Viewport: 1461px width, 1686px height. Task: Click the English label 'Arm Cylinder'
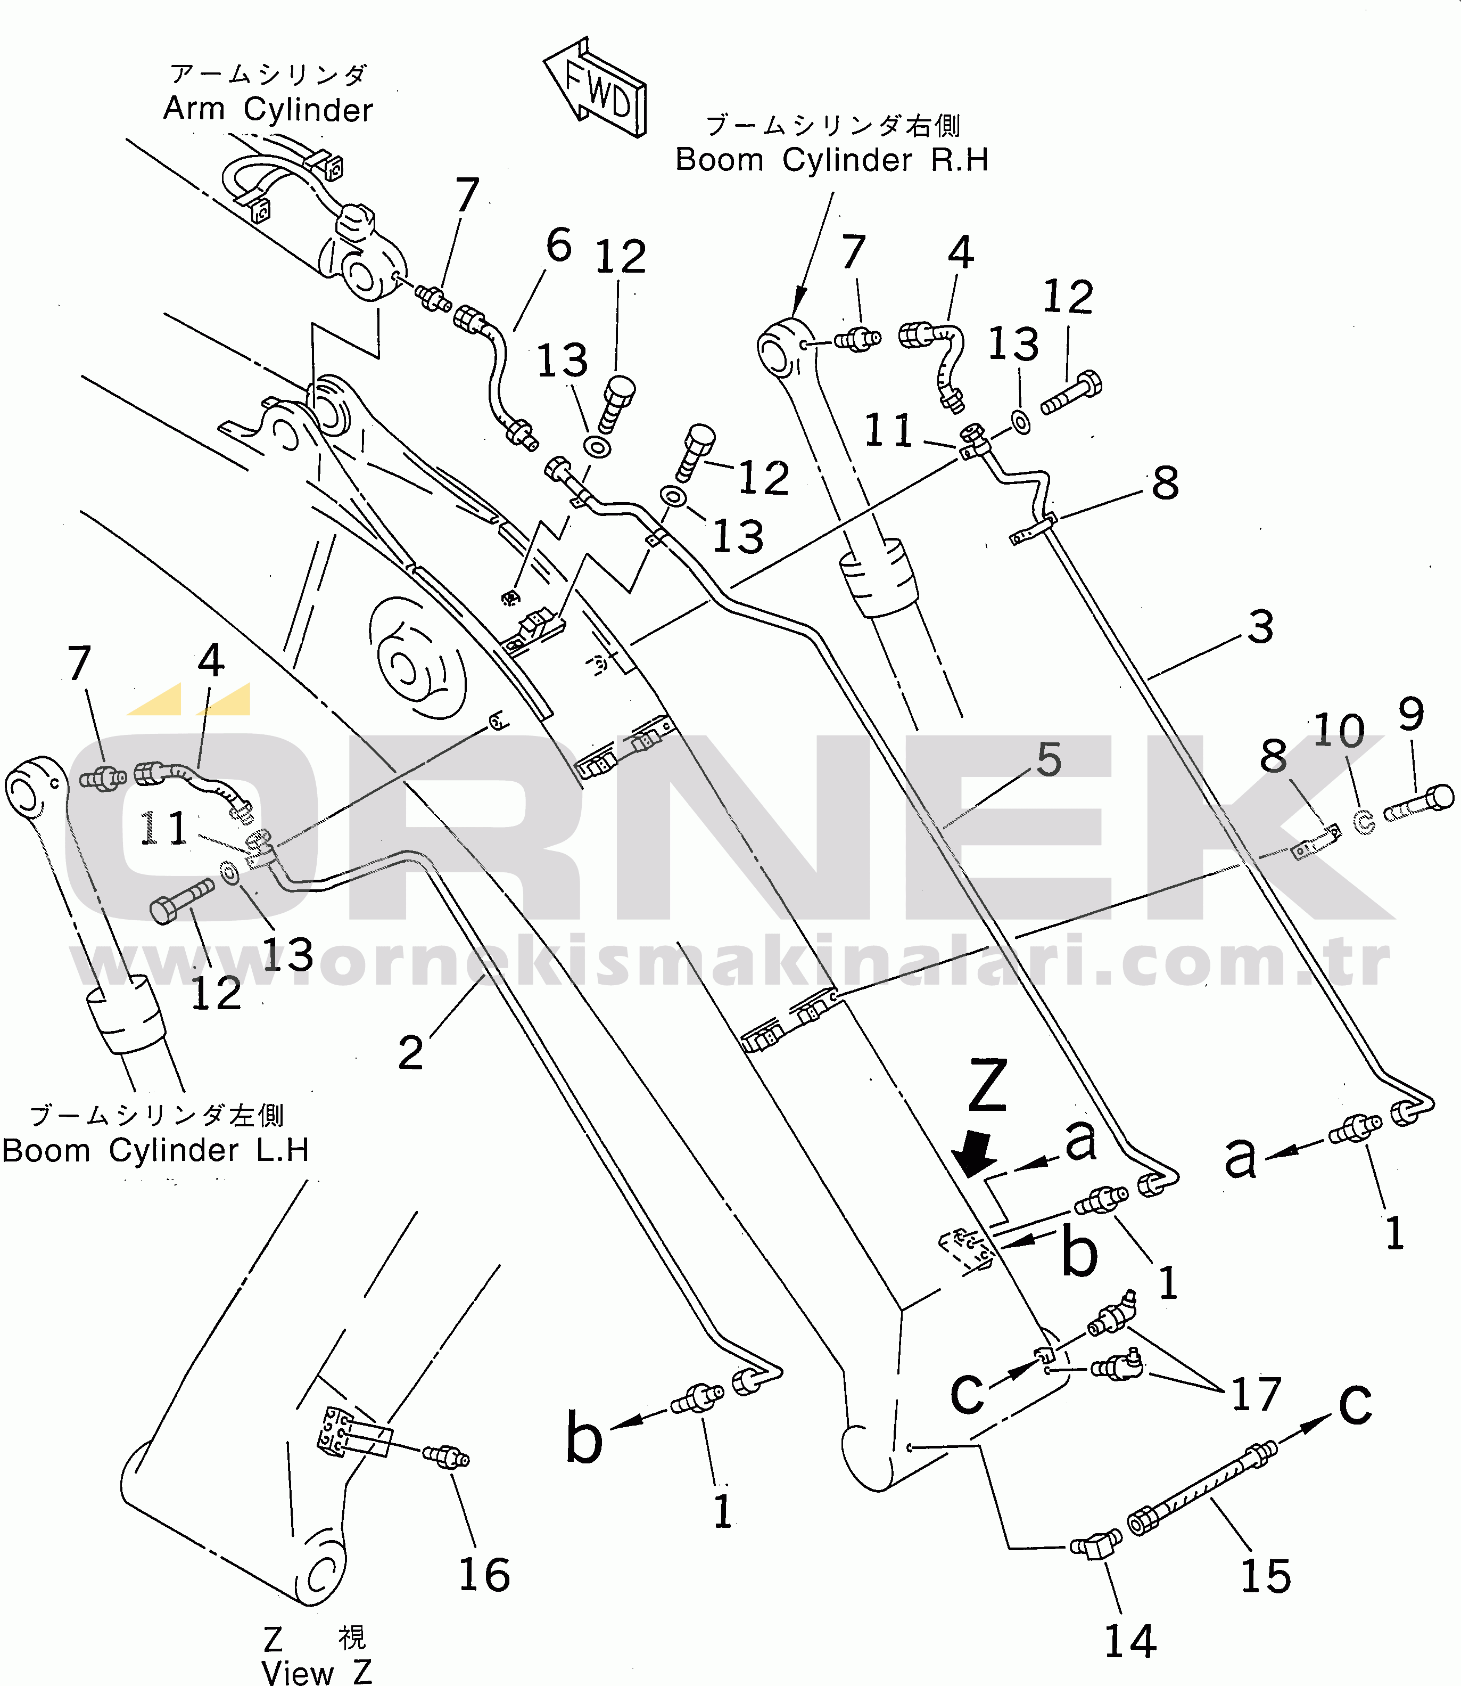[268, 109]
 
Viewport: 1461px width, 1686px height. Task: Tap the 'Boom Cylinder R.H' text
[831, 160]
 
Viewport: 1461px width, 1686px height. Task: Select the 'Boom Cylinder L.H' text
[155, 1150]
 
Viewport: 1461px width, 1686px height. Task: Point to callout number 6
[559, 245]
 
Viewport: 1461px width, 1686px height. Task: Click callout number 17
[1256, 1394]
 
